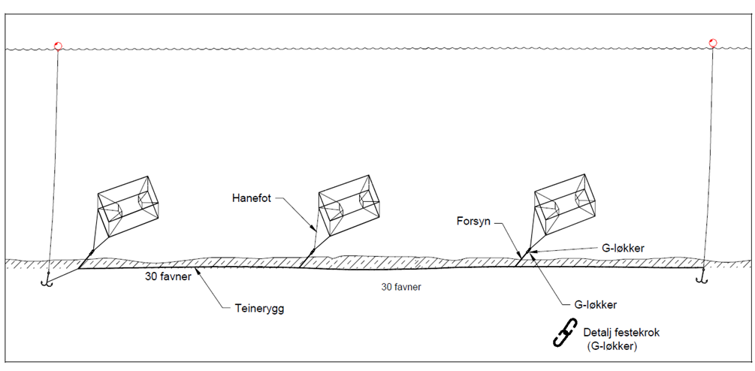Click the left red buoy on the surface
(58, 45)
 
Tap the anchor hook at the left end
(47, 281)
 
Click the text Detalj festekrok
(618, 331)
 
